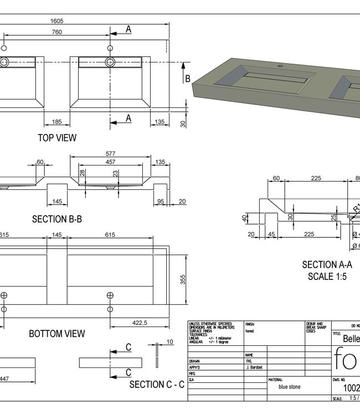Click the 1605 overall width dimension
[x=56, y=20]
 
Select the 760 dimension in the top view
[x=56, y=32]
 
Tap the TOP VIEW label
[x=57, y=137]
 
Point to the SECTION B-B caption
[x=57, y=219]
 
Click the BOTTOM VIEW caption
[x=57, y=334]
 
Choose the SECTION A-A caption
[x=327, y=265]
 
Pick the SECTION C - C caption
[x=157, y=384]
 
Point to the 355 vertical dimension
[x=183, y=281]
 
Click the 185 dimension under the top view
[x=57, y=121]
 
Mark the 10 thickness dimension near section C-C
[x=169, y=342]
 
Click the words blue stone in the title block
[x=290, y=387]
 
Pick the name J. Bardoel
[x=254, y=367]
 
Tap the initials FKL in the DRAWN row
[x=249, y=361]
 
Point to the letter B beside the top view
[x=188, y=79]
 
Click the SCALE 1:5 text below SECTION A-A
[x=327, y=276]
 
